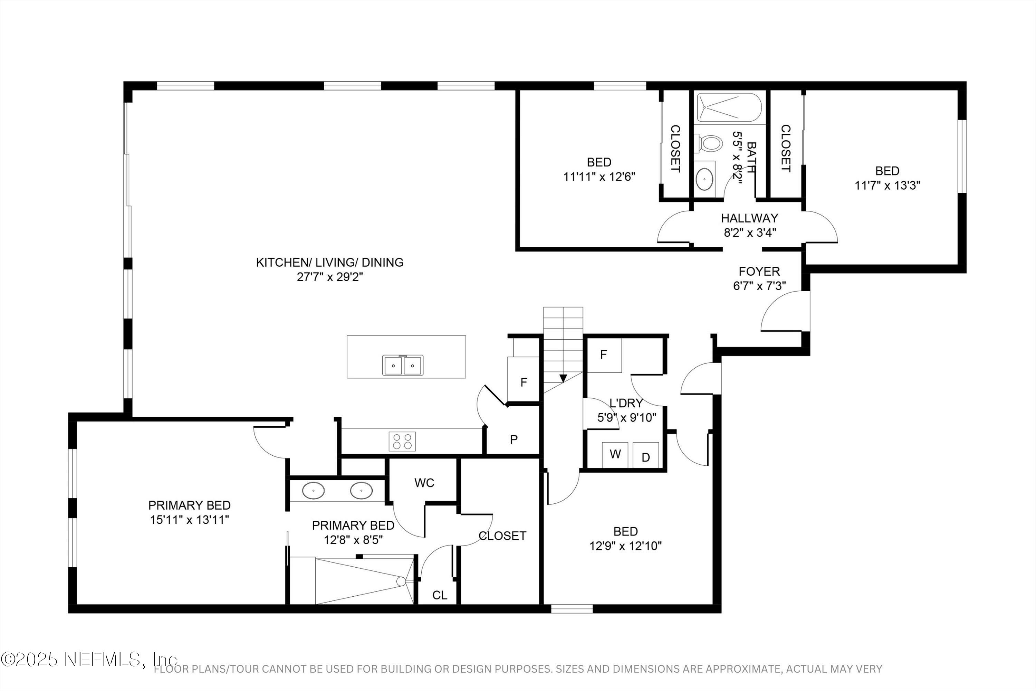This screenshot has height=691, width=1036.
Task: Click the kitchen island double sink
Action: click(403, 365)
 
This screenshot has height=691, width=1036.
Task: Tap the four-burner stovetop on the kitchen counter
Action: click(402, 442)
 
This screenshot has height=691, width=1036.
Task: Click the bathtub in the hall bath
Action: click(729, 107)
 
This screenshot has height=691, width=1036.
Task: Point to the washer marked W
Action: click(615, 454)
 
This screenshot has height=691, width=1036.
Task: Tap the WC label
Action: click(424, 483)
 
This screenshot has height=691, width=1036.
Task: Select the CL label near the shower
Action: click(440, 595)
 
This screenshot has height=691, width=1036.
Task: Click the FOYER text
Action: click(759, 271)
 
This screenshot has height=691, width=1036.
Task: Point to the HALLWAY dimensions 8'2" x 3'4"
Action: click(750, 233)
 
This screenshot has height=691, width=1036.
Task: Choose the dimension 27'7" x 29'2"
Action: click(330, 277)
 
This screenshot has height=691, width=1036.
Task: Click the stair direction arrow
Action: click(563, 378)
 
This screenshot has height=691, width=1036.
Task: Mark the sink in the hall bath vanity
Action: click(705, 179)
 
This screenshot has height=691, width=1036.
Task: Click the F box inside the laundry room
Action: click(604, 355)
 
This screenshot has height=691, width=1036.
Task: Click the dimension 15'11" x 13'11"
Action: click(189, 520)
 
